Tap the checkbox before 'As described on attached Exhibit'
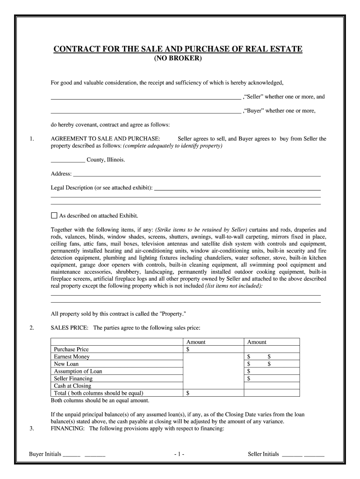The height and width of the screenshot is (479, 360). [x=54, y=216]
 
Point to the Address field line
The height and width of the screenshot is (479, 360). [x=196, y=175]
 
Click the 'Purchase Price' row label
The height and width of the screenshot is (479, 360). [x=71, y=349]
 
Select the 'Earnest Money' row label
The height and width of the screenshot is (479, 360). [x=72, y=356]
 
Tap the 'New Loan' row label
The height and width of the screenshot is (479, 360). [x=66, y=364]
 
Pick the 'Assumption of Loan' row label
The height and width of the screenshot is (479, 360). [x=78, y=371]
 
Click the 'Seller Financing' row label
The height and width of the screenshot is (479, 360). [x=73, y=378]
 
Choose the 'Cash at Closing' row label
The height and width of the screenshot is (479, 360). [x=72, y=386]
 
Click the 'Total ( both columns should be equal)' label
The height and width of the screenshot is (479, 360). [x=99, y=393]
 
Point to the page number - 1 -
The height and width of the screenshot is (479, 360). [x=179, y=454]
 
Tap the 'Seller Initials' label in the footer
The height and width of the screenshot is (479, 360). [x=263, y=454]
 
